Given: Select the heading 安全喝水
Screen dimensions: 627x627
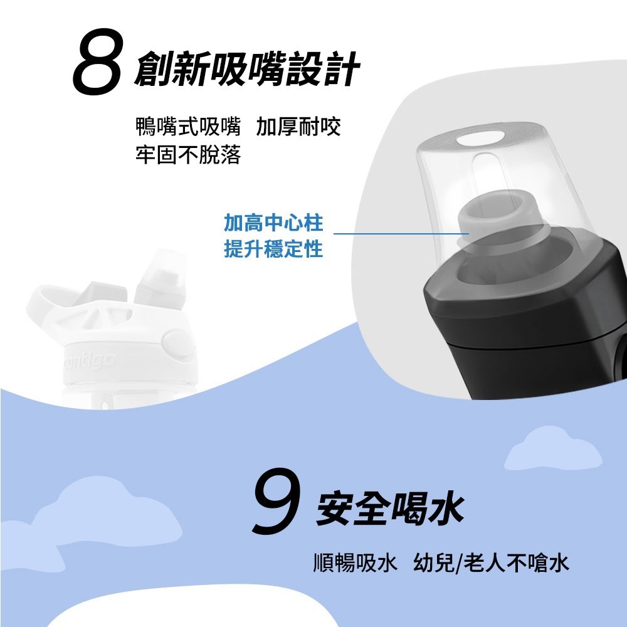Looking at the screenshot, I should point(390,508).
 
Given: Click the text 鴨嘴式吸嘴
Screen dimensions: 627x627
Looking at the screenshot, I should point(188,127).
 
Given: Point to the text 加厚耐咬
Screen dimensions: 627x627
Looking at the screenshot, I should point(298,127).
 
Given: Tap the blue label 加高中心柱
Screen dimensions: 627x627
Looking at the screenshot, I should point(273,223).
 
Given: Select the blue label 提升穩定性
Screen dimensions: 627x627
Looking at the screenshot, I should point(273,250).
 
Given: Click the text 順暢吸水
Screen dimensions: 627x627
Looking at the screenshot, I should point(355,563).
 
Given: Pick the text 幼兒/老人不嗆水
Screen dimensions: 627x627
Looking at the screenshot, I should point(492,563).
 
